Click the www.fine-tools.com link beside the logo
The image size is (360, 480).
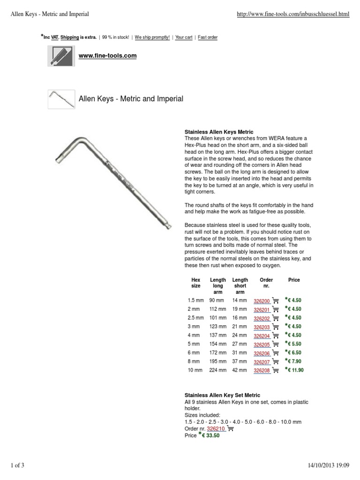(107, 55)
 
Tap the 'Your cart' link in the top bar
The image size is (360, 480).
(183, 37)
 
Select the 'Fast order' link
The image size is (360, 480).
(208, 37)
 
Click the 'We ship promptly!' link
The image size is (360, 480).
(153, 37)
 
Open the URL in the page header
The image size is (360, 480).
(294, 15)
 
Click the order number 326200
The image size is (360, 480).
(262, 301)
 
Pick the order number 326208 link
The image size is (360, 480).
(262, 370)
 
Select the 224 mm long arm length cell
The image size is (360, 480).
(217, 370)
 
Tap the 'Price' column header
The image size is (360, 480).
(294, 280)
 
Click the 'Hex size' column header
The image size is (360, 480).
(196, 283)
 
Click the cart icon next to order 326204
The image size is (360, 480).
(276, 336)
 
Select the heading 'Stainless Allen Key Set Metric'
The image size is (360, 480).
(222, 396)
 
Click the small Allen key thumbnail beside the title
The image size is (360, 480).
(61, 99)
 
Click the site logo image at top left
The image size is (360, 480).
(61, 56)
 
